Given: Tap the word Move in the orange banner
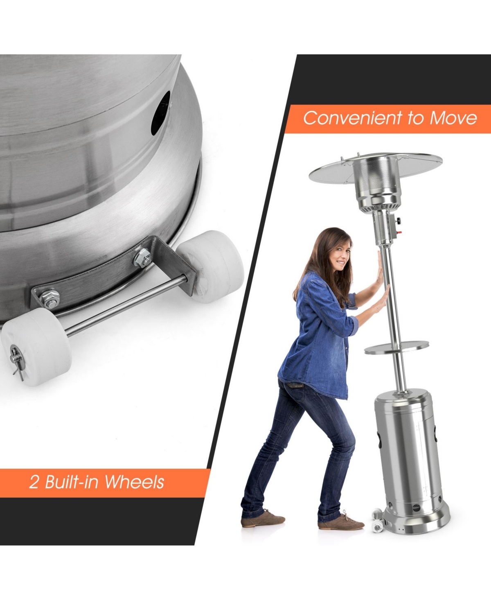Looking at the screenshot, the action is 453,118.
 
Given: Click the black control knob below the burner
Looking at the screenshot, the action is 399,228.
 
